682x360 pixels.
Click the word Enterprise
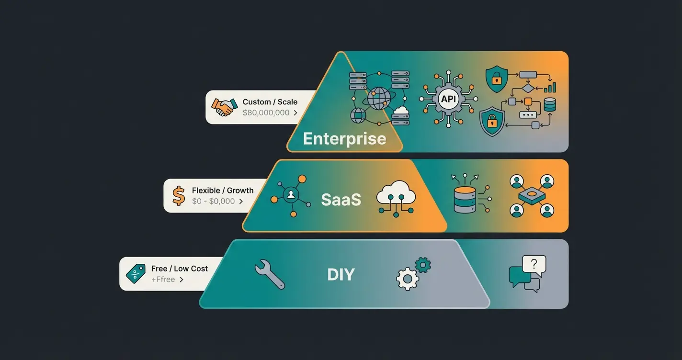[x=344, y=139]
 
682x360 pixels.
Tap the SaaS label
[x=341, y=199]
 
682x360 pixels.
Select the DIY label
[x=341, y=275]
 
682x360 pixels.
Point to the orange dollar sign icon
[x=179, y=196]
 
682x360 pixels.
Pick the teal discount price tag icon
[x=135, y=274]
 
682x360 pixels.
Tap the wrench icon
[x=270, y=274]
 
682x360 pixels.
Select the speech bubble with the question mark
[x=534, y=265]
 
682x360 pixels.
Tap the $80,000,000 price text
[x=266, y=113]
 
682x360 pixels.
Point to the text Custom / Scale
[x=270, y=102]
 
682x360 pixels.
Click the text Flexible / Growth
[x=223, y=191]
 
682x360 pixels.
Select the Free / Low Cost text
[x=180, y=269]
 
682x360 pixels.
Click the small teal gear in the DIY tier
[x=422, y=265]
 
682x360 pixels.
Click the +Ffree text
[x=163, y=280]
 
